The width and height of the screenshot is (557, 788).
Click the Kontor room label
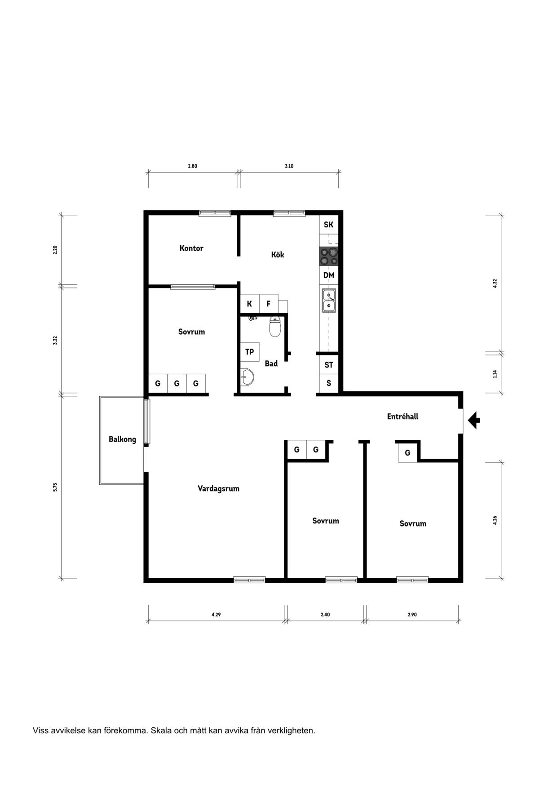(191, 248)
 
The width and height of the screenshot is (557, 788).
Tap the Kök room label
(278, 254)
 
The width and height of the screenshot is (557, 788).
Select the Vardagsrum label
(218, 488)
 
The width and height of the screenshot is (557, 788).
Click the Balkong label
(122, 439)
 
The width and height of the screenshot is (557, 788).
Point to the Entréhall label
(402, 416)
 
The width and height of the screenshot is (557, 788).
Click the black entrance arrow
(473, 421)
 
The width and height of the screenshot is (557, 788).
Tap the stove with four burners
(328, 256)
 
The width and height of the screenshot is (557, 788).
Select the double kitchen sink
(329, 301)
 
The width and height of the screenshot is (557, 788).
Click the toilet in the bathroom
(275, 327)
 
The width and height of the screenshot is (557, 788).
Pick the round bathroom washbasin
(247, 377)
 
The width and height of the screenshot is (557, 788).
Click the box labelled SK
(329, 225)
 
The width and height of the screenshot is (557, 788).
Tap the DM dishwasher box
(329, 275)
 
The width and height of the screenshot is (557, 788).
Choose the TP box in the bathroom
(249, 352)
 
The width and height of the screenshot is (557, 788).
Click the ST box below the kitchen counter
(329, 365)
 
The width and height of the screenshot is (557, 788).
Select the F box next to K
(269, 304)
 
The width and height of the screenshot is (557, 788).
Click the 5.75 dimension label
(55, 487)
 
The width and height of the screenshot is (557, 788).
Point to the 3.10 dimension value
(289, 166)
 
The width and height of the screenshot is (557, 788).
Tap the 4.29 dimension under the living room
(216, 615)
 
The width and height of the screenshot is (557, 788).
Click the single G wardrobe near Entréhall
(407, 453)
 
